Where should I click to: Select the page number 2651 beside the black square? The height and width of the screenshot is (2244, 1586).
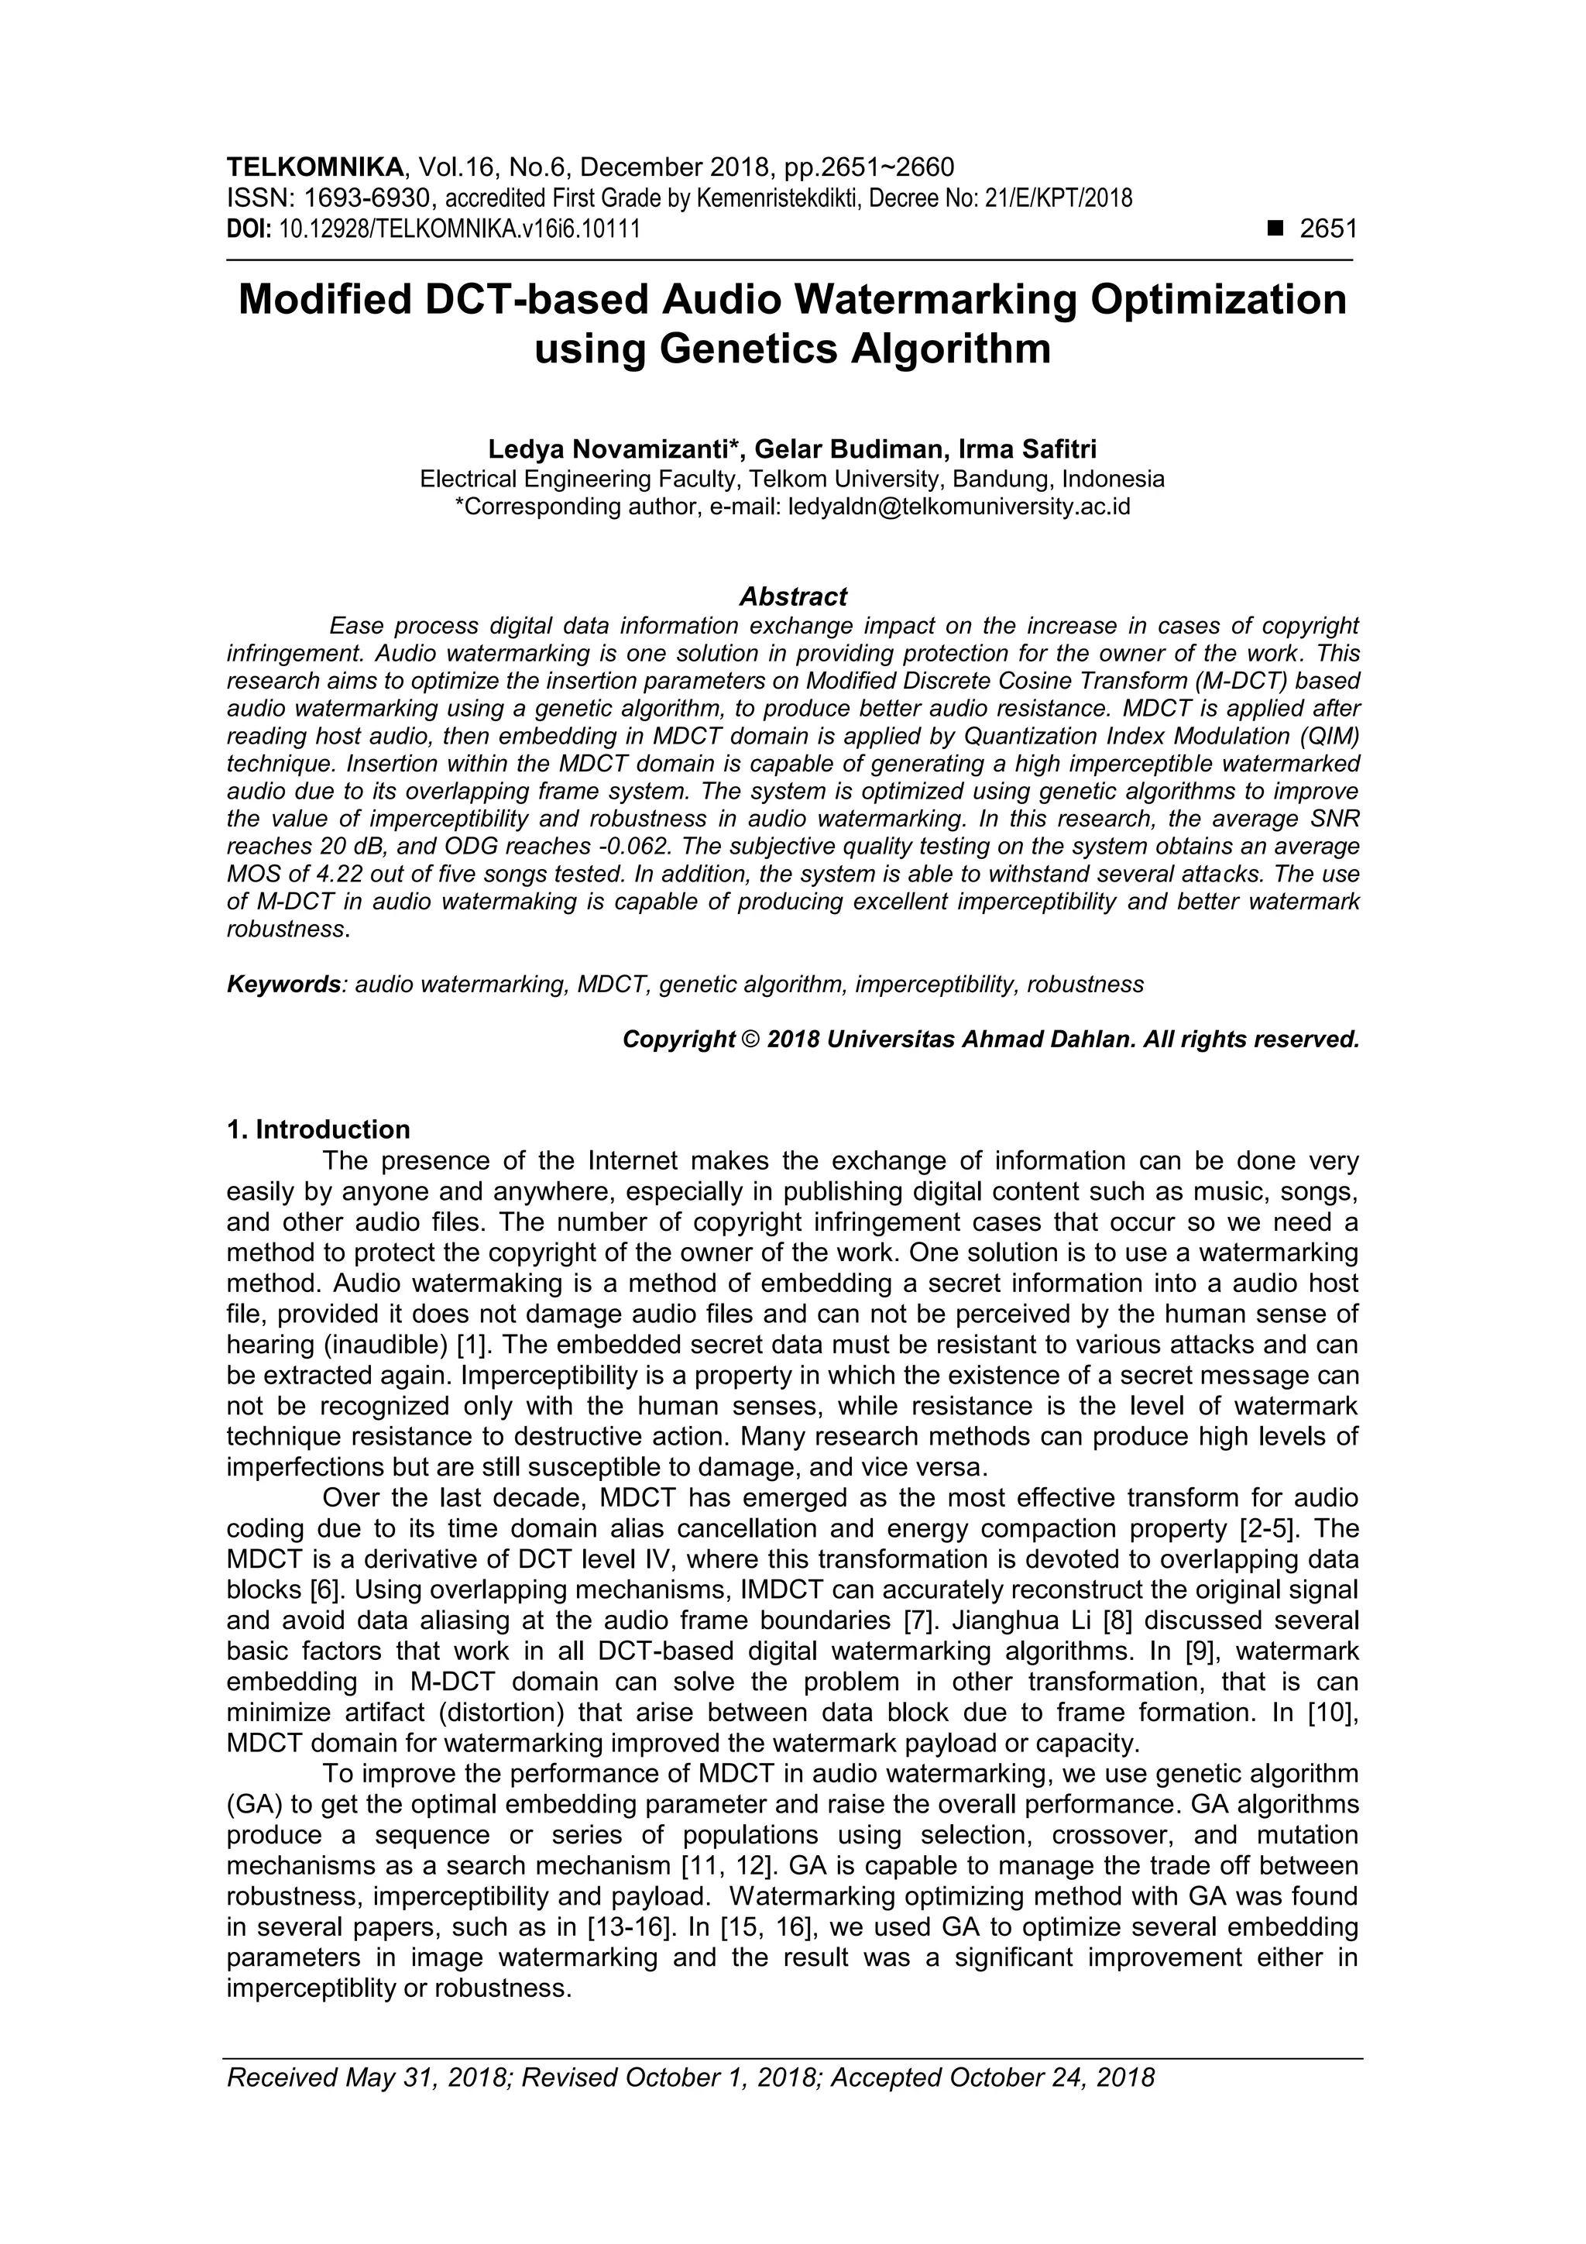[1328, 230]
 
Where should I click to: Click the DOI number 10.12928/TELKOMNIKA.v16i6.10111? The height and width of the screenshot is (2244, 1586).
[459, 231]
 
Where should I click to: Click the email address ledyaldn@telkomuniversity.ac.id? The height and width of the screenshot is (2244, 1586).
[959, 507]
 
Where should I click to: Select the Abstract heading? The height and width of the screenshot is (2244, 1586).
[792, 596]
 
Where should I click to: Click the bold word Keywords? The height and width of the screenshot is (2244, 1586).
[283, 985]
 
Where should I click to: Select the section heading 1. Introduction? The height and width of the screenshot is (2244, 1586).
[318, 1130]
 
